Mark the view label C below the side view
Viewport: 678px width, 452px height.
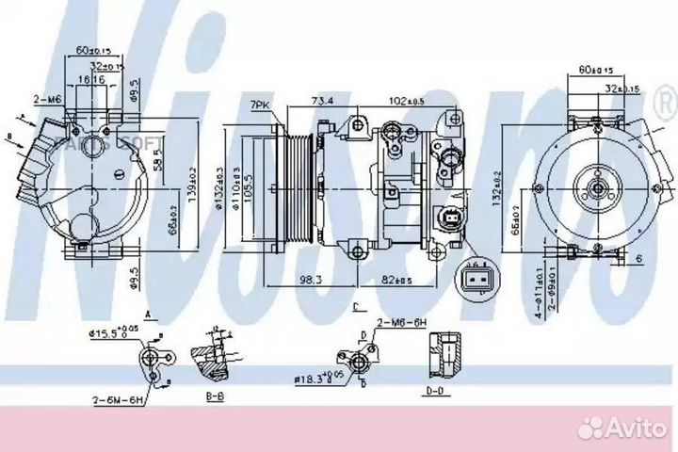coord(356,307)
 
